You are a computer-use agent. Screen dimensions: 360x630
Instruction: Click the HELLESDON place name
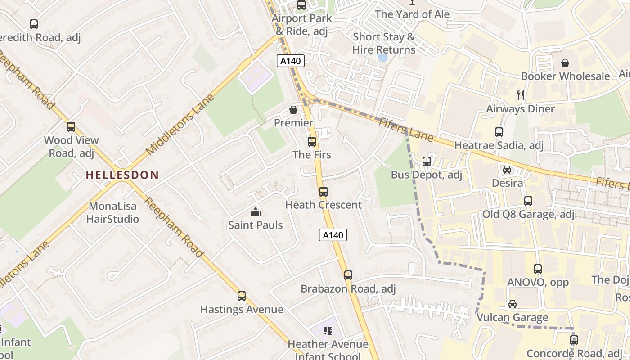(122, 175)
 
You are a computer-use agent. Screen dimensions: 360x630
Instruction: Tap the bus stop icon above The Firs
(312, 142)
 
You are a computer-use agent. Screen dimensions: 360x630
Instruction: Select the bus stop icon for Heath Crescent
(323, 192)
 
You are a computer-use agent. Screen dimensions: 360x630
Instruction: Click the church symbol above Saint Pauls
(256, 212)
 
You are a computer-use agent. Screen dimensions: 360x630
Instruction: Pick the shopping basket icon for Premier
(293, 110)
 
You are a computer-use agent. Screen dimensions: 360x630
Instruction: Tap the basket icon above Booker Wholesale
(565, 63)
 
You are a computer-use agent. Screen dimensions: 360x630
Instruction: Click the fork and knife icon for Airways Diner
(521, 95)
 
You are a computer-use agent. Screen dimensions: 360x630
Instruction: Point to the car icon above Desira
(507, 170)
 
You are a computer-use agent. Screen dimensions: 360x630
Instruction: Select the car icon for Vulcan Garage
(512, 304)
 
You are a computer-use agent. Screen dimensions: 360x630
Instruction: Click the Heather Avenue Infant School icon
(328, 331)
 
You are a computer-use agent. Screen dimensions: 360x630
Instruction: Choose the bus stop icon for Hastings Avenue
(242, 296)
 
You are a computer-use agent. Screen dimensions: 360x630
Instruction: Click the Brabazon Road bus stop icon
(348, 275)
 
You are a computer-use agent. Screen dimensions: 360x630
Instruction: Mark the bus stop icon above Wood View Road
(71, 127)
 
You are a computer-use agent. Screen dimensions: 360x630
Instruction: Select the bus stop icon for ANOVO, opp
(537, 269)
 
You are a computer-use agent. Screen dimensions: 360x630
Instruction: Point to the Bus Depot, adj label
(426, 175)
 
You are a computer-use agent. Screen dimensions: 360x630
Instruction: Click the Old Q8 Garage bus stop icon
(528, 201)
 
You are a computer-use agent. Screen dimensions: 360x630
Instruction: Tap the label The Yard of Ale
(412, 14)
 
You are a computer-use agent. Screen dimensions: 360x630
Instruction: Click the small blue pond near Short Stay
(383, 58)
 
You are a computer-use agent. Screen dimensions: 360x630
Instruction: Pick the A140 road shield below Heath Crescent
(333, 235)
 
